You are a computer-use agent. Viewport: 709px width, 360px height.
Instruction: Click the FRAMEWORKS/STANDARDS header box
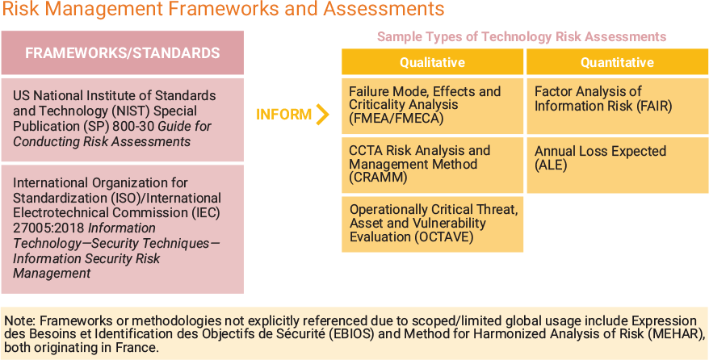(123, 53)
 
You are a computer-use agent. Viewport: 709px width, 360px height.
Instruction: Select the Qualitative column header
(432, 62)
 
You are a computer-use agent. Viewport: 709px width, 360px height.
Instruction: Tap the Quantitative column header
(617, 62)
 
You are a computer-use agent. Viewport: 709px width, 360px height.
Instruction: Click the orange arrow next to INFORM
(323, 115)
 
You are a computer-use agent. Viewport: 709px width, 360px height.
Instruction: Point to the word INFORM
(283, 115)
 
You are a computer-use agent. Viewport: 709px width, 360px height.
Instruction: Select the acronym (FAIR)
(652, 106)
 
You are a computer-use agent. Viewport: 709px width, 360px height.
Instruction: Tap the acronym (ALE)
(552, 165)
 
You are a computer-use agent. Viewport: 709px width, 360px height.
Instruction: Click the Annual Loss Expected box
(617, 165)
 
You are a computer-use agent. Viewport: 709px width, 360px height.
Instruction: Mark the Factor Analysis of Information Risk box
(617, 106)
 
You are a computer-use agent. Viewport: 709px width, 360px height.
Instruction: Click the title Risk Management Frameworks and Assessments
(223, 10)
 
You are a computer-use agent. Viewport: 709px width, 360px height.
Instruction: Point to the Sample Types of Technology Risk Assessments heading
(522, 37)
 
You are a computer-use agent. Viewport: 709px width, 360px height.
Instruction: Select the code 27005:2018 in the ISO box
(42, 228)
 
